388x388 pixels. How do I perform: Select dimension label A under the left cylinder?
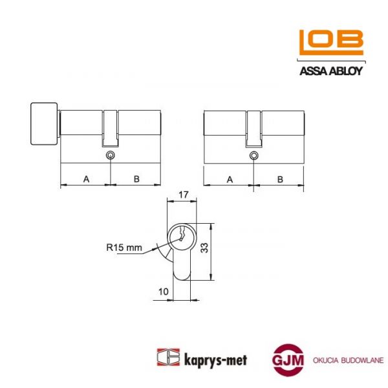[86, 179]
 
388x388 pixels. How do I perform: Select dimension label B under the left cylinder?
[136, 179]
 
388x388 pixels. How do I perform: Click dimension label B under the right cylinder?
[279, 179]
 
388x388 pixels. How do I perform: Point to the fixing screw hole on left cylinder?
[111, 156]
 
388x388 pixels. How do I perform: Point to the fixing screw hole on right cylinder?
[253, 156]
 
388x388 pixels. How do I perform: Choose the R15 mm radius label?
[124, 246]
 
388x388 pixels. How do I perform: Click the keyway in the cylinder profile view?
[183, 236]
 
